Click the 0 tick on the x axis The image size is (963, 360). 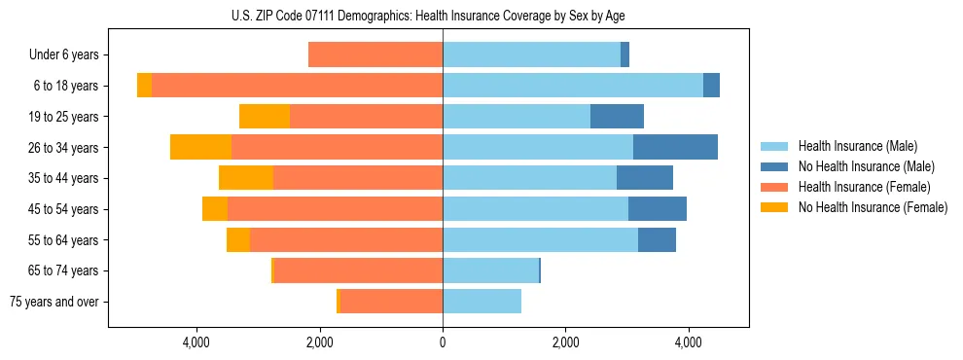click(443, 342)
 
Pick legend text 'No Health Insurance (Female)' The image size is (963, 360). click(873, 207)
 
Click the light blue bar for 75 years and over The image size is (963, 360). click(481, 302)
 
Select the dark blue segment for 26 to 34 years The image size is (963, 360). click(675, 148)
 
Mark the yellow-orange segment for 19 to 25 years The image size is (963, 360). click(265, 117)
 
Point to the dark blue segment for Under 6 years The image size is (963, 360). click(624, 55)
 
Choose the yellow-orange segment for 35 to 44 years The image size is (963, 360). click(246, 178)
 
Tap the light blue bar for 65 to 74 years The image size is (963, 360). click(490, 270)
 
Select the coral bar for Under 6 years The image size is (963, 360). click(375, 55)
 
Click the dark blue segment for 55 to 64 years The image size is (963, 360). click(657, 240)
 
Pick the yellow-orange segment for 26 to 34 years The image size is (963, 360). click(200, 148)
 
